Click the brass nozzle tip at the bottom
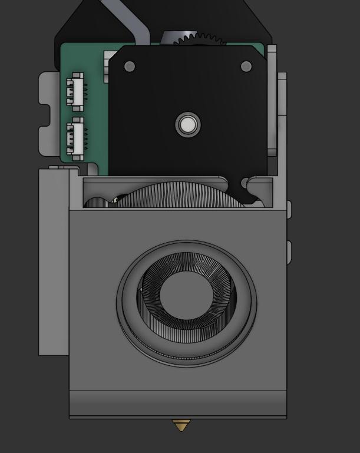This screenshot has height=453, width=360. tap(180, 425)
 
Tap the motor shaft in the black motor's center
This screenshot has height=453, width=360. tap(188, 125)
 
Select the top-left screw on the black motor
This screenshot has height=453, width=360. tap(130, 67)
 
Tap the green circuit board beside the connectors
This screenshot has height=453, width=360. tap(94, 118)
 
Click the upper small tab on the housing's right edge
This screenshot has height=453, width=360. tap(289, 209)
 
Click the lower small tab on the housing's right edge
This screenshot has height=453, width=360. tap(289, 252)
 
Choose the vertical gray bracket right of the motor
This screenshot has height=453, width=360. tap(272, 100)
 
